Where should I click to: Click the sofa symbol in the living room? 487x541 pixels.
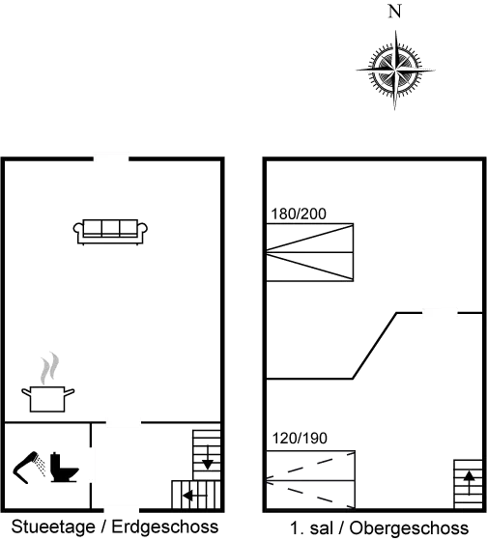point(110,232)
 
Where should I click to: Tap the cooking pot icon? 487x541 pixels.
point(47,399)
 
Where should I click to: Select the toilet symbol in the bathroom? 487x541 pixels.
point(64,468)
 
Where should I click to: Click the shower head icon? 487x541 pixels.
point(29,468)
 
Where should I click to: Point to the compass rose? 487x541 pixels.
point(395,70)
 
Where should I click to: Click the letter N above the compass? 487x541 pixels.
point(395,12)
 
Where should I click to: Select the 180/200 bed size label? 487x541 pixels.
point(299,214)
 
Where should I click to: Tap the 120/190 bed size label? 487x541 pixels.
point(300,439)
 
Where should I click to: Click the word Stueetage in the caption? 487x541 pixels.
point(53,527)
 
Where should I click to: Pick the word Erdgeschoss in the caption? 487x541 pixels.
point(165,527)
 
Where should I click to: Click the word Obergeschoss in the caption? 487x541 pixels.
point(409,528)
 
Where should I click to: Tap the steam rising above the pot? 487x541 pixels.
point(49,368)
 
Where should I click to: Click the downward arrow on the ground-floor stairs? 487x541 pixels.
point(207,458)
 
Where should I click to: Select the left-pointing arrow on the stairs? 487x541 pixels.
point(194,496)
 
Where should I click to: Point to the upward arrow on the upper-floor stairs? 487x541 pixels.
point(469,483)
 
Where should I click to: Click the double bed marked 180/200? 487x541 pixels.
point(309,252)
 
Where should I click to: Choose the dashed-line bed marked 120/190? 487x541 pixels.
point(310,479)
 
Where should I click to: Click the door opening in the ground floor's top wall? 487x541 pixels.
point(111,158)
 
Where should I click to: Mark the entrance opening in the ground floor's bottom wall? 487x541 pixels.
point(122,510)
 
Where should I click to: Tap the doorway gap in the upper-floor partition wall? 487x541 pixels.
point(440,313)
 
